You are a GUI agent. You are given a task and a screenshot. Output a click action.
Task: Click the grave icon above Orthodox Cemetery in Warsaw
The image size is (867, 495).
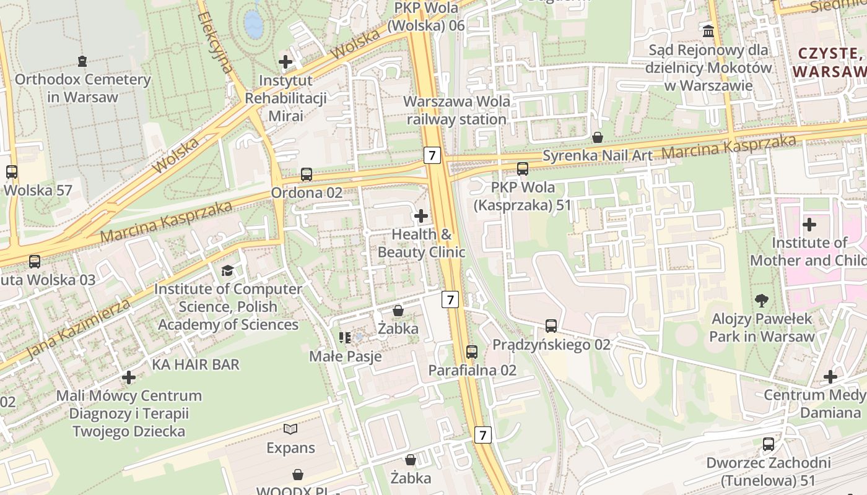82,61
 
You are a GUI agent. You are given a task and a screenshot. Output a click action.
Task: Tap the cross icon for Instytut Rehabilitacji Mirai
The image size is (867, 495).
285,61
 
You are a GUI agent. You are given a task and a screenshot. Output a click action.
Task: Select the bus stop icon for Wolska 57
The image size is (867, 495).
12,171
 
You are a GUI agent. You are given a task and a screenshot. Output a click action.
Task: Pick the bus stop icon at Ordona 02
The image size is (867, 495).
307,174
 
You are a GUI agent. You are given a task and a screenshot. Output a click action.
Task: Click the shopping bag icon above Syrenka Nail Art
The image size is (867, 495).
598,137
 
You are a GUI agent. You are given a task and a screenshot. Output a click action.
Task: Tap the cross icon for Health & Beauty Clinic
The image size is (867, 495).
421,216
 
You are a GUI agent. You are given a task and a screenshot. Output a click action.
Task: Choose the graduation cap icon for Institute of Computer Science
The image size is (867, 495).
228,270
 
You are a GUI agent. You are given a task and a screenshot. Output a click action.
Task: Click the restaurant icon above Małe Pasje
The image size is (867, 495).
345,338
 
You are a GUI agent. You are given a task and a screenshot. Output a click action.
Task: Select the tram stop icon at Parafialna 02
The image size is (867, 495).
472,351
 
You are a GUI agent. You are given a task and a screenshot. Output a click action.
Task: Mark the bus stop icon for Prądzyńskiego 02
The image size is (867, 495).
551,325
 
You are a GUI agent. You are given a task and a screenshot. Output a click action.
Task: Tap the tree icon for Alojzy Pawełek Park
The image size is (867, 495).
762,301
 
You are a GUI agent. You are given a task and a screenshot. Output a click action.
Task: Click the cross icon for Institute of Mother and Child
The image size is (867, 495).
809,224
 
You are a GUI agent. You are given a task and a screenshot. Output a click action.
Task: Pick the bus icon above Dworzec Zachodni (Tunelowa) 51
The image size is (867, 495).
769,444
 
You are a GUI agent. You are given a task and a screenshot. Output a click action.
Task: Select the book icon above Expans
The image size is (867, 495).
290,429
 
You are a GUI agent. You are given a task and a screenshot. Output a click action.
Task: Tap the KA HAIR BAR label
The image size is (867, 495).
195,364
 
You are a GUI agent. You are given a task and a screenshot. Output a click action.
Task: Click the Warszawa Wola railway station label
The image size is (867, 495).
457,110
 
